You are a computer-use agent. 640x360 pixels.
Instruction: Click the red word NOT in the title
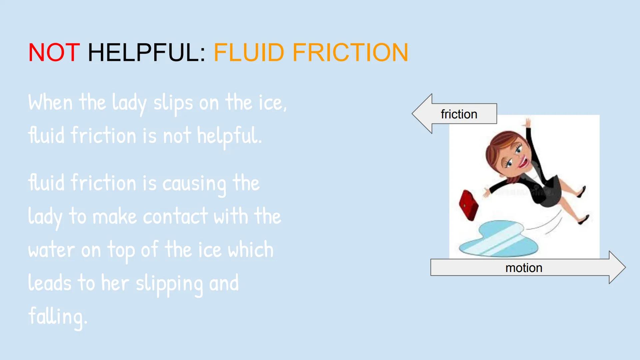(54, 52)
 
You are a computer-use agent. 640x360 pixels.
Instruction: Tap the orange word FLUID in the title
(249, 52)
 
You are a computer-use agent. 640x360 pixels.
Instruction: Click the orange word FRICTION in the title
(350, 52)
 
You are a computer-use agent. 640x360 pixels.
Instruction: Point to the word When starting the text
(50, 102)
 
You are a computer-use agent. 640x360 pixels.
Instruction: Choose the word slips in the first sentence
(173, 103)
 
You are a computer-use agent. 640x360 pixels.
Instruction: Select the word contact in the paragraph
(175, 216)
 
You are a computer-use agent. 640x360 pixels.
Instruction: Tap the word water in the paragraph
(51, 250)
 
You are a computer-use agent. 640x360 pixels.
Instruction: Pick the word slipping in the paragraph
(169, 284)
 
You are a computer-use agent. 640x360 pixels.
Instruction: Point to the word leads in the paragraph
(50, 283)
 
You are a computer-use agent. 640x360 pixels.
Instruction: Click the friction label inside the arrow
(459, 114)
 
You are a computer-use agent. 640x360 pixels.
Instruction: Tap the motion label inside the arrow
(524, 268)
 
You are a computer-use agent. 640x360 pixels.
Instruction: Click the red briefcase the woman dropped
(468, 205)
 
